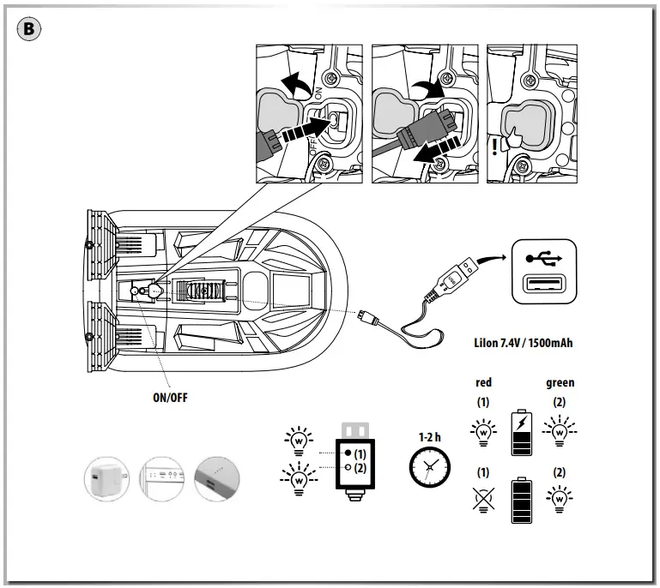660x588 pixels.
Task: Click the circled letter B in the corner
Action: coord(29,29)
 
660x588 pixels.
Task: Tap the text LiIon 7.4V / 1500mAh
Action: coord(523,344)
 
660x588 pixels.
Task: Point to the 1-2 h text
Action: coord(429,436)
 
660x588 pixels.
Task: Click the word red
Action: coord(483,382)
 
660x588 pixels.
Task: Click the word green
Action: coord(560,382)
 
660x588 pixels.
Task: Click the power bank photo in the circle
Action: coord(219,477)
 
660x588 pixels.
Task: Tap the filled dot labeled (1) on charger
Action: coord(348,452)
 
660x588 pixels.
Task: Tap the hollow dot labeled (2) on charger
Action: coord(348,468)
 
